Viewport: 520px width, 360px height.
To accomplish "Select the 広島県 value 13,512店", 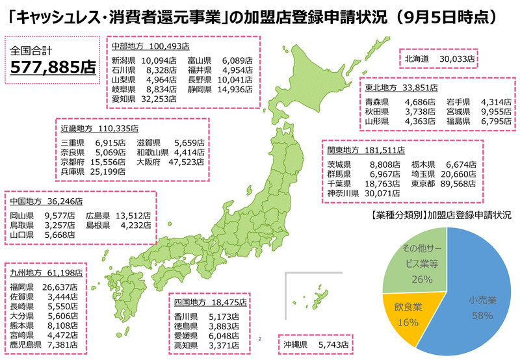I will click(x=133, y=216).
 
